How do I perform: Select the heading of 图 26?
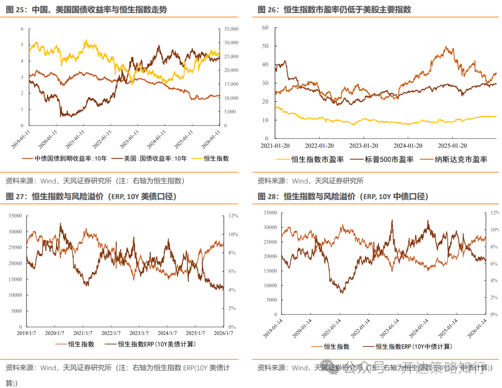[334, 10]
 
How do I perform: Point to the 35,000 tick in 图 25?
[231, 29]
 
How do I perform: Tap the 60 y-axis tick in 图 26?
[265, 27]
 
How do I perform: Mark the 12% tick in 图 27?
[232, 216]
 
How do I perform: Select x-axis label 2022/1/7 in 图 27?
[111, 333]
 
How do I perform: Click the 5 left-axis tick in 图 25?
[22, 45]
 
